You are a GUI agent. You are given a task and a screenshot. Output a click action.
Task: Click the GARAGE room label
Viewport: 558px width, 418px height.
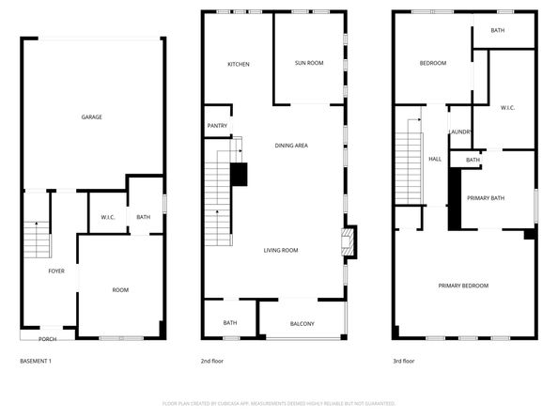[91, 117]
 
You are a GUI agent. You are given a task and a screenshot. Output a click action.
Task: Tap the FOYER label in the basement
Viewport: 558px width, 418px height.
[57, 271]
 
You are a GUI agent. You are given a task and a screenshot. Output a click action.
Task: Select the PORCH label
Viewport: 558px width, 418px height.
[47, 339]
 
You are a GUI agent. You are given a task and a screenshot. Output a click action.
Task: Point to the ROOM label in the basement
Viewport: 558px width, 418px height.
[120, 290]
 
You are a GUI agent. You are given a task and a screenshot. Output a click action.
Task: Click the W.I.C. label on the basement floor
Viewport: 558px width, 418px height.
[107, 218]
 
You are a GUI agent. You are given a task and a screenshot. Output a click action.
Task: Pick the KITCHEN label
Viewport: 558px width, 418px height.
[238, 64]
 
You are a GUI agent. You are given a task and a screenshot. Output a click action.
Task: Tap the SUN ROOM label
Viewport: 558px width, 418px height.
[309, 63]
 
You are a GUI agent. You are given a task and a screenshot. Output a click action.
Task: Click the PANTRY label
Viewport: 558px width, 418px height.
[217, 126]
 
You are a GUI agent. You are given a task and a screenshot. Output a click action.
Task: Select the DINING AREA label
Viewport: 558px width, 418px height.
[291, 146]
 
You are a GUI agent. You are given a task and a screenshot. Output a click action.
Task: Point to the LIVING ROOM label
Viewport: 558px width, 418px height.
[281, 250]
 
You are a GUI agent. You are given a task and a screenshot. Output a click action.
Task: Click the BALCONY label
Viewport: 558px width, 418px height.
[302, 324]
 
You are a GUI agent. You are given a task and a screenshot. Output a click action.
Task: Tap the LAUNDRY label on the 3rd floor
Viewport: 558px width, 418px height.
[460, 132]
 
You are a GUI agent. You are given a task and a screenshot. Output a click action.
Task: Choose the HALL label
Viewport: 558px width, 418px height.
[435, 160]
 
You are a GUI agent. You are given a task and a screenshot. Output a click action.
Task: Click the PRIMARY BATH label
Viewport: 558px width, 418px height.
[486, 198]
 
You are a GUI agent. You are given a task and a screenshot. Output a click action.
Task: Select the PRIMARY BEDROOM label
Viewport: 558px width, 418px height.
[463, 286]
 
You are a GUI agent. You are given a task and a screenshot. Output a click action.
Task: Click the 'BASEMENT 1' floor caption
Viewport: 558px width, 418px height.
[36, 361]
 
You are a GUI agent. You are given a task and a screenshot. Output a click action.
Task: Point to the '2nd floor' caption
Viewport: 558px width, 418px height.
[211, 361]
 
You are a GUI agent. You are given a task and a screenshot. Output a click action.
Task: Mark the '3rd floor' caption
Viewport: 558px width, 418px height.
[403, 361]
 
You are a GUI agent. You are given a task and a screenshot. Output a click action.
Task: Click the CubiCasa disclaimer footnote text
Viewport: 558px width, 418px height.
[279, 403]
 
